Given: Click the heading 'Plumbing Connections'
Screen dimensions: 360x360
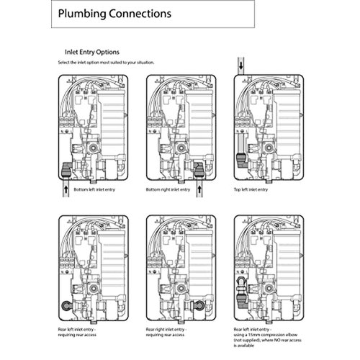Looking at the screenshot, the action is coord(114,14).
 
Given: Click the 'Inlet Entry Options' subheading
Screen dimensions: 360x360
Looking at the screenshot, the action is coord(92,52).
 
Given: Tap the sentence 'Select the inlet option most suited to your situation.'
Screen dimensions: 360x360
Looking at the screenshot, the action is coord(106,63).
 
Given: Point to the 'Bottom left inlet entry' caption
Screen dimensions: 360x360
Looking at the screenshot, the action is coord(94,189).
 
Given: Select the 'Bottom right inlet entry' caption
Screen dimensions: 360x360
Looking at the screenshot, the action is coord(168,189).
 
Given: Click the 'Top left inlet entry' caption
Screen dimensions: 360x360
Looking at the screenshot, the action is coord(251,189).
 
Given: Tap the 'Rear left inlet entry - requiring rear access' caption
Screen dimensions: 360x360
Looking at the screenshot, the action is coord(77,332).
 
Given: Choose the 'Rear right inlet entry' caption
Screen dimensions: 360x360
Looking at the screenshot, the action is coord(166,330).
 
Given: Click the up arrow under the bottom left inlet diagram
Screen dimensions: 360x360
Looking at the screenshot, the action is coord(66,189).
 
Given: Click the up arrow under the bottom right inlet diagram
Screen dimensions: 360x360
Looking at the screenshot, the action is coord(199,189).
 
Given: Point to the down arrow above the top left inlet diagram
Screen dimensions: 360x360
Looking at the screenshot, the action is coord(241,66).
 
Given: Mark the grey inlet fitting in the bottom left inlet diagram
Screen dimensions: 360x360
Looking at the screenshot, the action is coord(66,171).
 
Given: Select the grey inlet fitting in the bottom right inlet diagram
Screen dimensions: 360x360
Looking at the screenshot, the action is coord(199,171).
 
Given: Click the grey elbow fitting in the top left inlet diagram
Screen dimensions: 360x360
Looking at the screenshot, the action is coord(240,161).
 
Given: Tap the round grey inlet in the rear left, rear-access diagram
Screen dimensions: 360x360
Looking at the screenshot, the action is coord(66,305).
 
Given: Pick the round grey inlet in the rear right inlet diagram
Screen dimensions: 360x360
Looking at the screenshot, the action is coord(199,305).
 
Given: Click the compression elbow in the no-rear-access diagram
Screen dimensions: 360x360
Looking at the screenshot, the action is coord(240,293).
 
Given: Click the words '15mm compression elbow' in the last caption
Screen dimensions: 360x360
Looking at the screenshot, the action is coord(273,335).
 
